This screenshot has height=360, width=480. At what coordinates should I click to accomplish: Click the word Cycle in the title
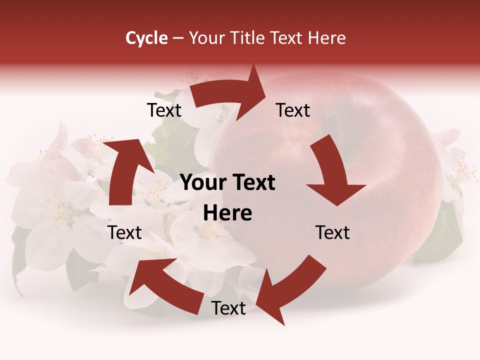[x=146, y=38]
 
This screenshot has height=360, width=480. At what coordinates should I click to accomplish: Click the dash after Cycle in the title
[x=177, y=38]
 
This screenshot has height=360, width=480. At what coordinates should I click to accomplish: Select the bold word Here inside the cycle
[x=227, y=213]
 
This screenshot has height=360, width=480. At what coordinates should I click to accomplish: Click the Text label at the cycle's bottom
[x=228, y=308]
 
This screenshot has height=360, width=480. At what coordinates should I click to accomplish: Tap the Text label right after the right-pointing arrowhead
[x=293, y=110]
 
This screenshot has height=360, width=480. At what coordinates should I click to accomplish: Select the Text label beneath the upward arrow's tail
[x=125, y=232]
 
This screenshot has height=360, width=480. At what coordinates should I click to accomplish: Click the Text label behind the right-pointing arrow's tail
[x=164, y=110]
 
